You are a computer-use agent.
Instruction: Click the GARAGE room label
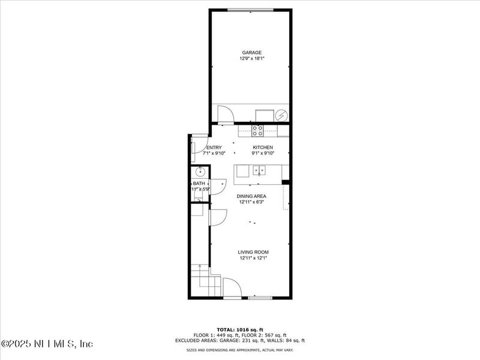[x=251, y=53]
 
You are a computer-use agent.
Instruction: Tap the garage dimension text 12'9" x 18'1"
[x=251, y=59]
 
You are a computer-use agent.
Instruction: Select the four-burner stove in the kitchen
[x=257, y=130]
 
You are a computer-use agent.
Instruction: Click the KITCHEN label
[x=263, y=148]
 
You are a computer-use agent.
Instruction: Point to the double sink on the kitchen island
[x=259, y=170]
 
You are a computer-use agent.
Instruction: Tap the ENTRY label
[x=214, y=148]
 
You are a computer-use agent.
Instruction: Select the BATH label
[x=199, y=184]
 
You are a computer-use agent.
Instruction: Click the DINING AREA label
[x=251, y=196]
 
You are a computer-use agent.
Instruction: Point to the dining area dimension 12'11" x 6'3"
[x=251, y=202]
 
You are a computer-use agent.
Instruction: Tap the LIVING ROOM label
[x=253, y=252]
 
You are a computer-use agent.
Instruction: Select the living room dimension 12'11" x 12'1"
[x=253, y=258]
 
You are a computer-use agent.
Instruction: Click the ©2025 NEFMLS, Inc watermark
[x=47, y=344]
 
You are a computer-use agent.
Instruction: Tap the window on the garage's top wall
[x=250, y=10]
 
